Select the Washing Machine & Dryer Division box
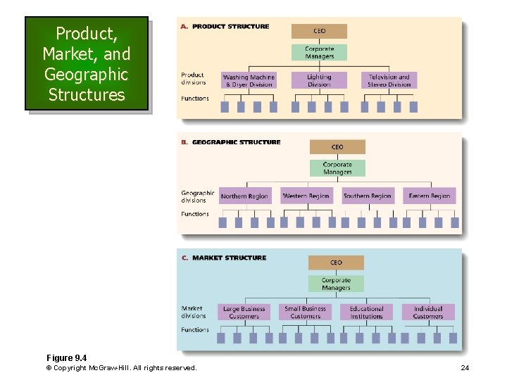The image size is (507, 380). [249, 80]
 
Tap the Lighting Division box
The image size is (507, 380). [319, 80]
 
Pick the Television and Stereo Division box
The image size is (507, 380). [389, 80]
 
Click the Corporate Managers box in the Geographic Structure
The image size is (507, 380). [337, 168]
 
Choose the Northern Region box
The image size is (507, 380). [244, 196]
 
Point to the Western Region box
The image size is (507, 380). [306, 196]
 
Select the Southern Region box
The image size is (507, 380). [367, 196]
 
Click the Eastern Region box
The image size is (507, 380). [429, 196]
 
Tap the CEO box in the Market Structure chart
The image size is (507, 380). [336, 262]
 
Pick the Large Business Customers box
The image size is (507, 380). [244, 312]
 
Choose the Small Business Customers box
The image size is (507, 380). [306, 312]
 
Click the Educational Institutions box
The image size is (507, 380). [367, 312]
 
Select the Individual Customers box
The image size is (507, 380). [428, 312]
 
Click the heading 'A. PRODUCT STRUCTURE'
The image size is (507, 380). [225, 27]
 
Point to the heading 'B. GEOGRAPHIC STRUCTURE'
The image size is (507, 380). [230, 142]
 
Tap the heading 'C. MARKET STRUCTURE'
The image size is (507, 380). [223, 258]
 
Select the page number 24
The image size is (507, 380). [465, 368]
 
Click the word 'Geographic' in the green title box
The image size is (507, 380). [86, 74]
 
